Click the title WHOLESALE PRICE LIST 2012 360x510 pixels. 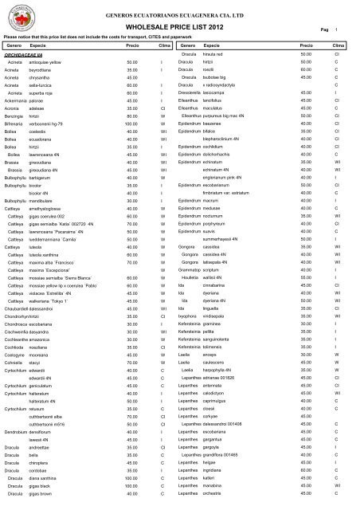[x=179, y=29]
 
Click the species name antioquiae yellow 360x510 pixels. [x=52, y=61]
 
